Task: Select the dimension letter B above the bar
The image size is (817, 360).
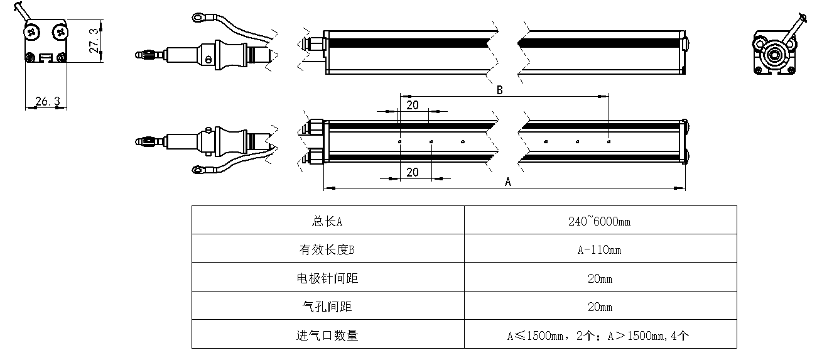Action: point(500,90)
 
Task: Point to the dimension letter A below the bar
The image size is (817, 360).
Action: point(508,182)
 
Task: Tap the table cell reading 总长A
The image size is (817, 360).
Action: point(327,221)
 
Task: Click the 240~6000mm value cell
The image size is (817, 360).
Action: point(599,221)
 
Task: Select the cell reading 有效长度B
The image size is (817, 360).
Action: point(327,250)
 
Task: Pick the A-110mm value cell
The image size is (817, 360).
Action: point(599,250)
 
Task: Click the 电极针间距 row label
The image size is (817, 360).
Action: point(327,278)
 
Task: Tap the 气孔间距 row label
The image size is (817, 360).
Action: point(327,307)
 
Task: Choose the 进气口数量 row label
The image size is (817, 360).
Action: point(327,335)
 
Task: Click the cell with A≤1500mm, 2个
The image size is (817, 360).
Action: point(599,335)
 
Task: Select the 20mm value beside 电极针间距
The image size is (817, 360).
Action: point(599,278)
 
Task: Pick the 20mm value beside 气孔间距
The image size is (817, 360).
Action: point(599,307)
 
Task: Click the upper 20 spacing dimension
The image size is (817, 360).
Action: point(413,105)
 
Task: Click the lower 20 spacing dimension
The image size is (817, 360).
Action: point(413,172)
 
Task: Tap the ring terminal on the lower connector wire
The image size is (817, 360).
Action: point(200,169)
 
